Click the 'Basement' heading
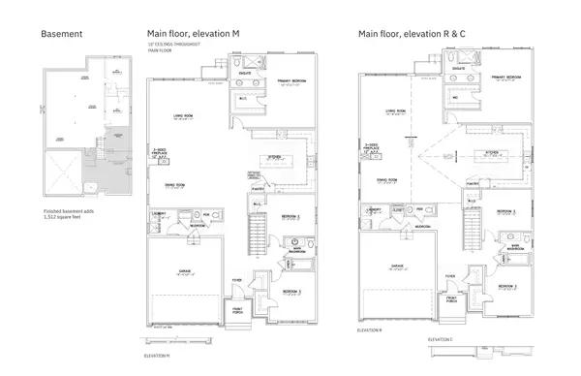60,34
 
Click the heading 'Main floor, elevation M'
194,34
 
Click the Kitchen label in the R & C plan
490,151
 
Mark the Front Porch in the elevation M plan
239,312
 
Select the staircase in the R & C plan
472,228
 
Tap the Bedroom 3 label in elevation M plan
291,291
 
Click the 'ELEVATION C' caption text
444,340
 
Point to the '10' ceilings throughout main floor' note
168,48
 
